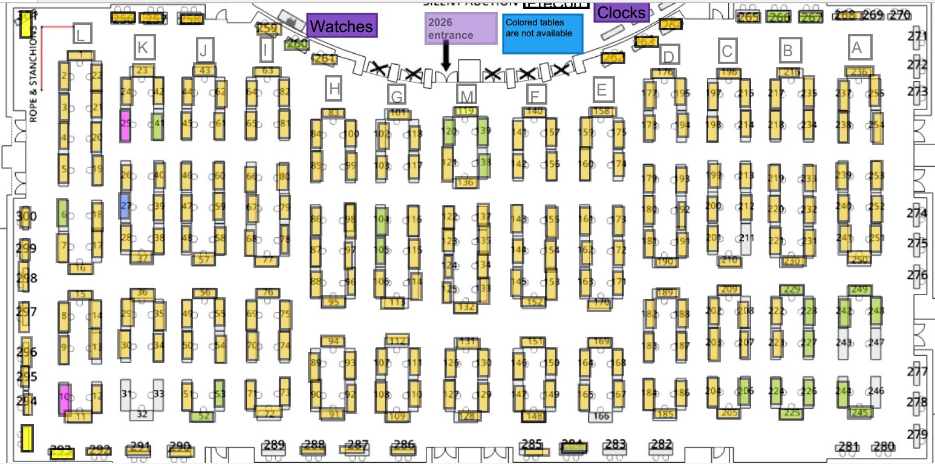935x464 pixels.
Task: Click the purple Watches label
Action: click(x=342, y=26)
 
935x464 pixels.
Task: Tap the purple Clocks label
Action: click(x=622, y=12)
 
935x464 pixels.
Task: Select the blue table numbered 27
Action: click(x=125, y=206)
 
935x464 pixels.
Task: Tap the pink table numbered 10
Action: click(x=64, y=399)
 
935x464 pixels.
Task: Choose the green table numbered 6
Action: click(x=62, y=212)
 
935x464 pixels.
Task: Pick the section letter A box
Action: click(x=856, y=47)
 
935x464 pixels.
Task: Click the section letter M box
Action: click(x=467, y=94)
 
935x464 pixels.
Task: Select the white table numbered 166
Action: click(x=601, y=416)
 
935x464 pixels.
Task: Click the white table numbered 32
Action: click(x=142, y=414)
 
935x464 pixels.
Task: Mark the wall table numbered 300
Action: click(x=25, y=217)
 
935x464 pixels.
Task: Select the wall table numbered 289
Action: click(x=274, y=448)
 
